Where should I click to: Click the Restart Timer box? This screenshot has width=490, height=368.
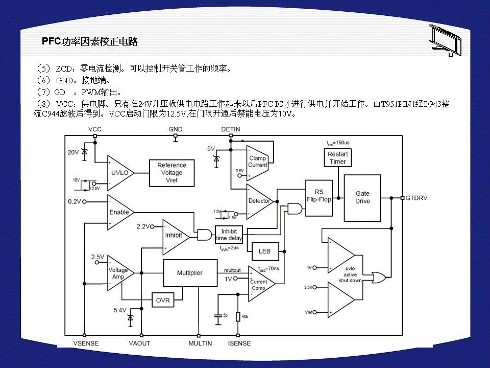(337, 158)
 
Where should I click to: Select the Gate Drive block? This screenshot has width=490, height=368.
(362, 198)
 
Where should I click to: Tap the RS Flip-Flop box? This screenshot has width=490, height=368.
(319, 196)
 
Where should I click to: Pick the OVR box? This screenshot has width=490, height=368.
(163, 300)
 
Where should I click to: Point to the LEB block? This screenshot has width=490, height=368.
(264, 251)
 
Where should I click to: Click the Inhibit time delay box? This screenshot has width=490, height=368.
(229, 235)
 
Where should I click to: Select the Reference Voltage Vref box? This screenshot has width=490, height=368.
(171, 173)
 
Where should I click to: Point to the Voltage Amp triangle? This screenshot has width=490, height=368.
(118, 273)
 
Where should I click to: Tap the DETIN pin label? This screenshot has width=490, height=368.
(231, 129)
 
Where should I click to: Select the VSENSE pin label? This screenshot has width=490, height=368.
(86, 343)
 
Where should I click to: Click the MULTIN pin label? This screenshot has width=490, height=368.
(200, 343)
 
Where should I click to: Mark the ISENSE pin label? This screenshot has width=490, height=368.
(239, 343)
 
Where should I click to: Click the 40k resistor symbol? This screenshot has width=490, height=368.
(238, 317)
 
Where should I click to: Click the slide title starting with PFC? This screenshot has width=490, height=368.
(90, 42)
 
